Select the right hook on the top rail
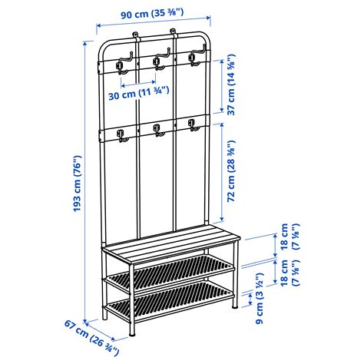(x=194, y=58)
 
